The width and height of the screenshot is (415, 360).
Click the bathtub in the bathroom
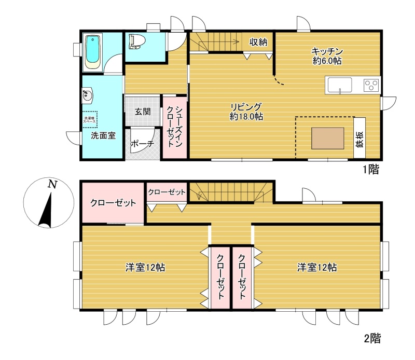click(93, 52)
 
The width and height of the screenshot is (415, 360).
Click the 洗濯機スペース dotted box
click(90, 120)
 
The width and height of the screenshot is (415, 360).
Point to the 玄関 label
click(143, 112)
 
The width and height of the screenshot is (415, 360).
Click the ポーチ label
click(142, 144)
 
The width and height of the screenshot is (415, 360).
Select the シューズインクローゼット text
click(175, 127)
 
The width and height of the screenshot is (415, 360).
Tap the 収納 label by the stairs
click(258, 42)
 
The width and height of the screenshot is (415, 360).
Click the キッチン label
click(327, 51)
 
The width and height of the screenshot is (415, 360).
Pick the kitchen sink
click(340, 85)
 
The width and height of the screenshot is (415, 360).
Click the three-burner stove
click(371, 85)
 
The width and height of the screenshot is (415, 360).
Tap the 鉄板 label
click(359, 139)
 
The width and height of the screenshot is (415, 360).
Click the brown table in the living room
click(328, 138)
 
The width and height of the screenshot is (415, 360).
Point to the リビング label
click(246, 107)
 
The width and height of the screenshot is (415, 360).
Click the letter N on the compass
click(52, 184)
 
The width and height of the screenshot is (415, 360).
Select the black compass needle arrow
click(47, 211)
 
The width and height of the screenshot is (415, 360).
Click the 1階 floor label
click(371, 170)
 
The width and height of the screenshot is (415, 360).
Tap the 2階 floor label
click(372, 338)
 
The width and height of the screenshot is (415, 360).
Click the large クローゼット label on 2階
click(113, 203)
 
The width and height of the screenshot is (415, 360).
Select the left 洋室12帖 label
click(145, 267)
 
